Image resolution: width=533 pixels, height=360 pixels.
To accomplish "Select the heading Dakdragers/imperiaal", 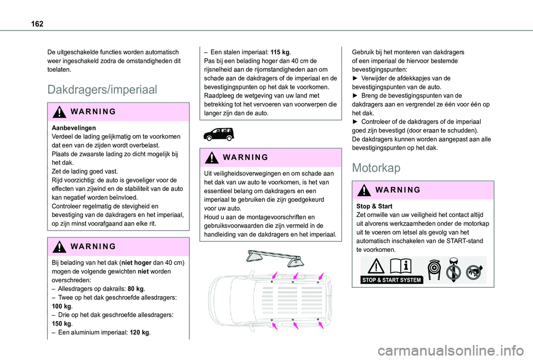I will (103, 89).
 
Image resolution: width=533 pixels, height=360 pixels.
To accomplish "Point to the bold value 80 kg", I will (136, 289).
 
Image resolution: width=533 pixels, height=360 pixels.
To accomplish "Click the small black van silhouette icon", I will (219, 134).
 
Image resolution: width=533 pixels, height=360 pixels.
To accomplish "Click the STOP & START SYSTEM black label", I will (391, 280).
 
